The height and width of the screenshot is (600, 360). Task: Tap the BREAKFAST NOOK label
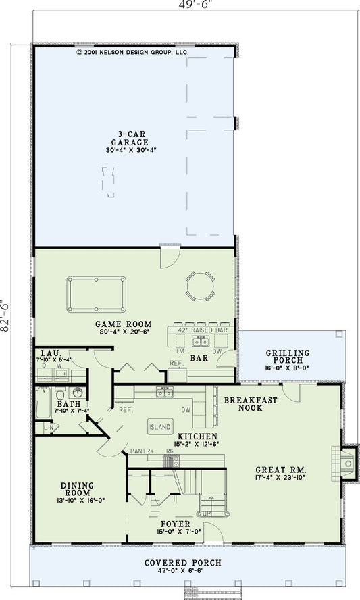click(251, 403)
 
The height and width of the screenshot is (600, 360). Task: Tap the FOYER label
click(175, 524)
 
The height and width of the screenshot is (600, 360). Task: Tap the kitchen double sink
click(165, 391)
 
